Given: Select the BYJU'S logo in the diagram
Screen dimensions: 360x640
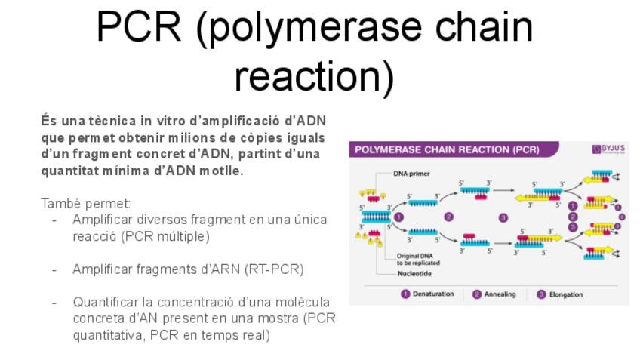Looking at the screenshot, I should click(608, 149).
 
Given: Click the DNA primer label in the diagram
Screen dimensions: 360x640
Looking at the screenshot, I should click(411, 174).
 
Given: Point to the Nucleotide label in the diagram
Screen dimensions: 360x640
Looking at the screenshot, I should click(414, 273).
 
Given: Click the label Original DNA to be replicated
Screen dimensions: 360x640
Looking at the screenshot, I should click(414, 259).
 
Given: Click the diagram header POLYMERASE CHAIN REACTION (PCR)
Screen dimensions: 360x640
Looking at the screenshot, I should click(447, 149).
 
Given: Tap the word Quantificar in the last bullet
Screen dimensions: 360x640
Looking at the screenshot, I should click(103, 302).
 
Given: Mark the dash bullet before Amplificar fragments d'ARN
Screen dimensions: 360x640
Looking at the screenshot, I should click(54, 269).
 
